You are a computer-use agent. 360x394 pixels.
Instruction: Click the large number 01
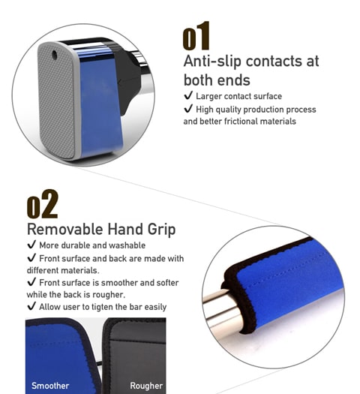point(196,36)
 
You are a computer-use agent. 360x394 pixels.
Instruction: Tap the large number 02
point(43,204)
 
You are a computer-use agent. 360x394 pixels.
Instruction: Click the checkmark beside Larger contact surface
point(188,95)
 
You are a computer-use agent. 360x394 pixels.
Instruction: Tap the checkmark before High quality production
point(188,109)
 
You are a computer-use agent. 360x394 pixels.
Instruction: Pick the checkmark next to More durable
point(31,245)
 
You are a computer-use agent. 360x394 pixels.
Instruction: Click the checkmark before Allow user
point(31,306)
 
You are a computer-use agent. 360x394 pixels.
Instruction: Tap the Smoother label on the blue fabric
point(50,386)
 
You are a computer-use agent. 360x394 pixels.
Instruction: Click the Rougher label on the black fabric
point(146,386)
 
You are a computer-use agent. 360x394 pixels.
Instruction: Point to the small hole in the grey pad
point(54,55)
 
